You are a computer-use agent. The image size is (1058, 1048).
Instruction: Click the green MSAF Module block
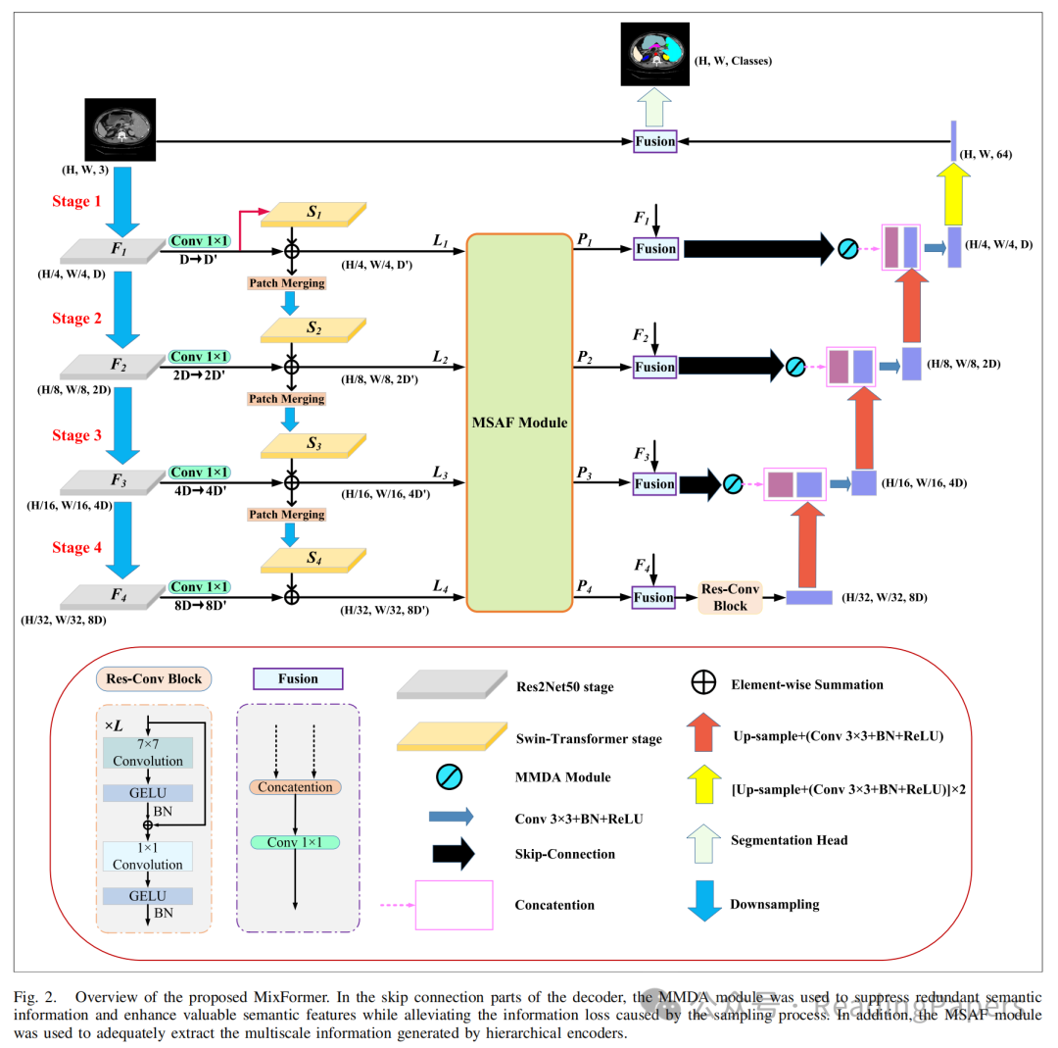point(519,422)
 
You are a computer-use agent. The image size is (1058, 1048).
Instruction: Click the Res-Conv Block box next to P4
point(731,597)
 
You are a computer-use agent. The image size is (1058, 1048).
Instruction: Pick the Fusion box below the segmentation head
point(654,141)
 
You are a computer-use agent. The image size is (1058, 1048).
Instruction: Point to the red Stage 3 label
point(76,435)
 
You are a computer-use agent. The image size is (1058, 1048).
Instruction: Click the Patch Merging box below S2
point(286,399)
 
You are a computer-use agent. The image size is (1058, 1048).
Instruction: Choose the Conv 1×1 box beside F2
point(201,357)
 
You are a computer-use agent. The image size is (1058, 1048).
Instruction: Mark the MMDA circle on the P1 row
point(848,249)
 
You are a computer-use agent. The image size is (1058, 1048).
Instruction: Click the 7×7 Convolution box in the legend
point(148,753)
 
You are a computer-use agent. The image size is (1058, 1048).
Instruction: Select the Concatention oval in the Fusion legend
point(295,787)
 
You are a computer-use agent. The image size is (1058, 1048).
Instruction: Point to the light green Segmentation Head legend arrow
point(704,840)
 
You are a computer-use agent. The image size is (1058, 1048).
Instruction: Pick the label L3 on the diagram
point(440,474)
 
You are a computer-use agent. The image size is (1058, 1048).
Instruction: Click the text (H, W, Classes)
point(734,61)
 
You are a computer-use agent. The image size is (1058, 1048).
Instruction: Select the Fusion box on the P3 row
point(654,484)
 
